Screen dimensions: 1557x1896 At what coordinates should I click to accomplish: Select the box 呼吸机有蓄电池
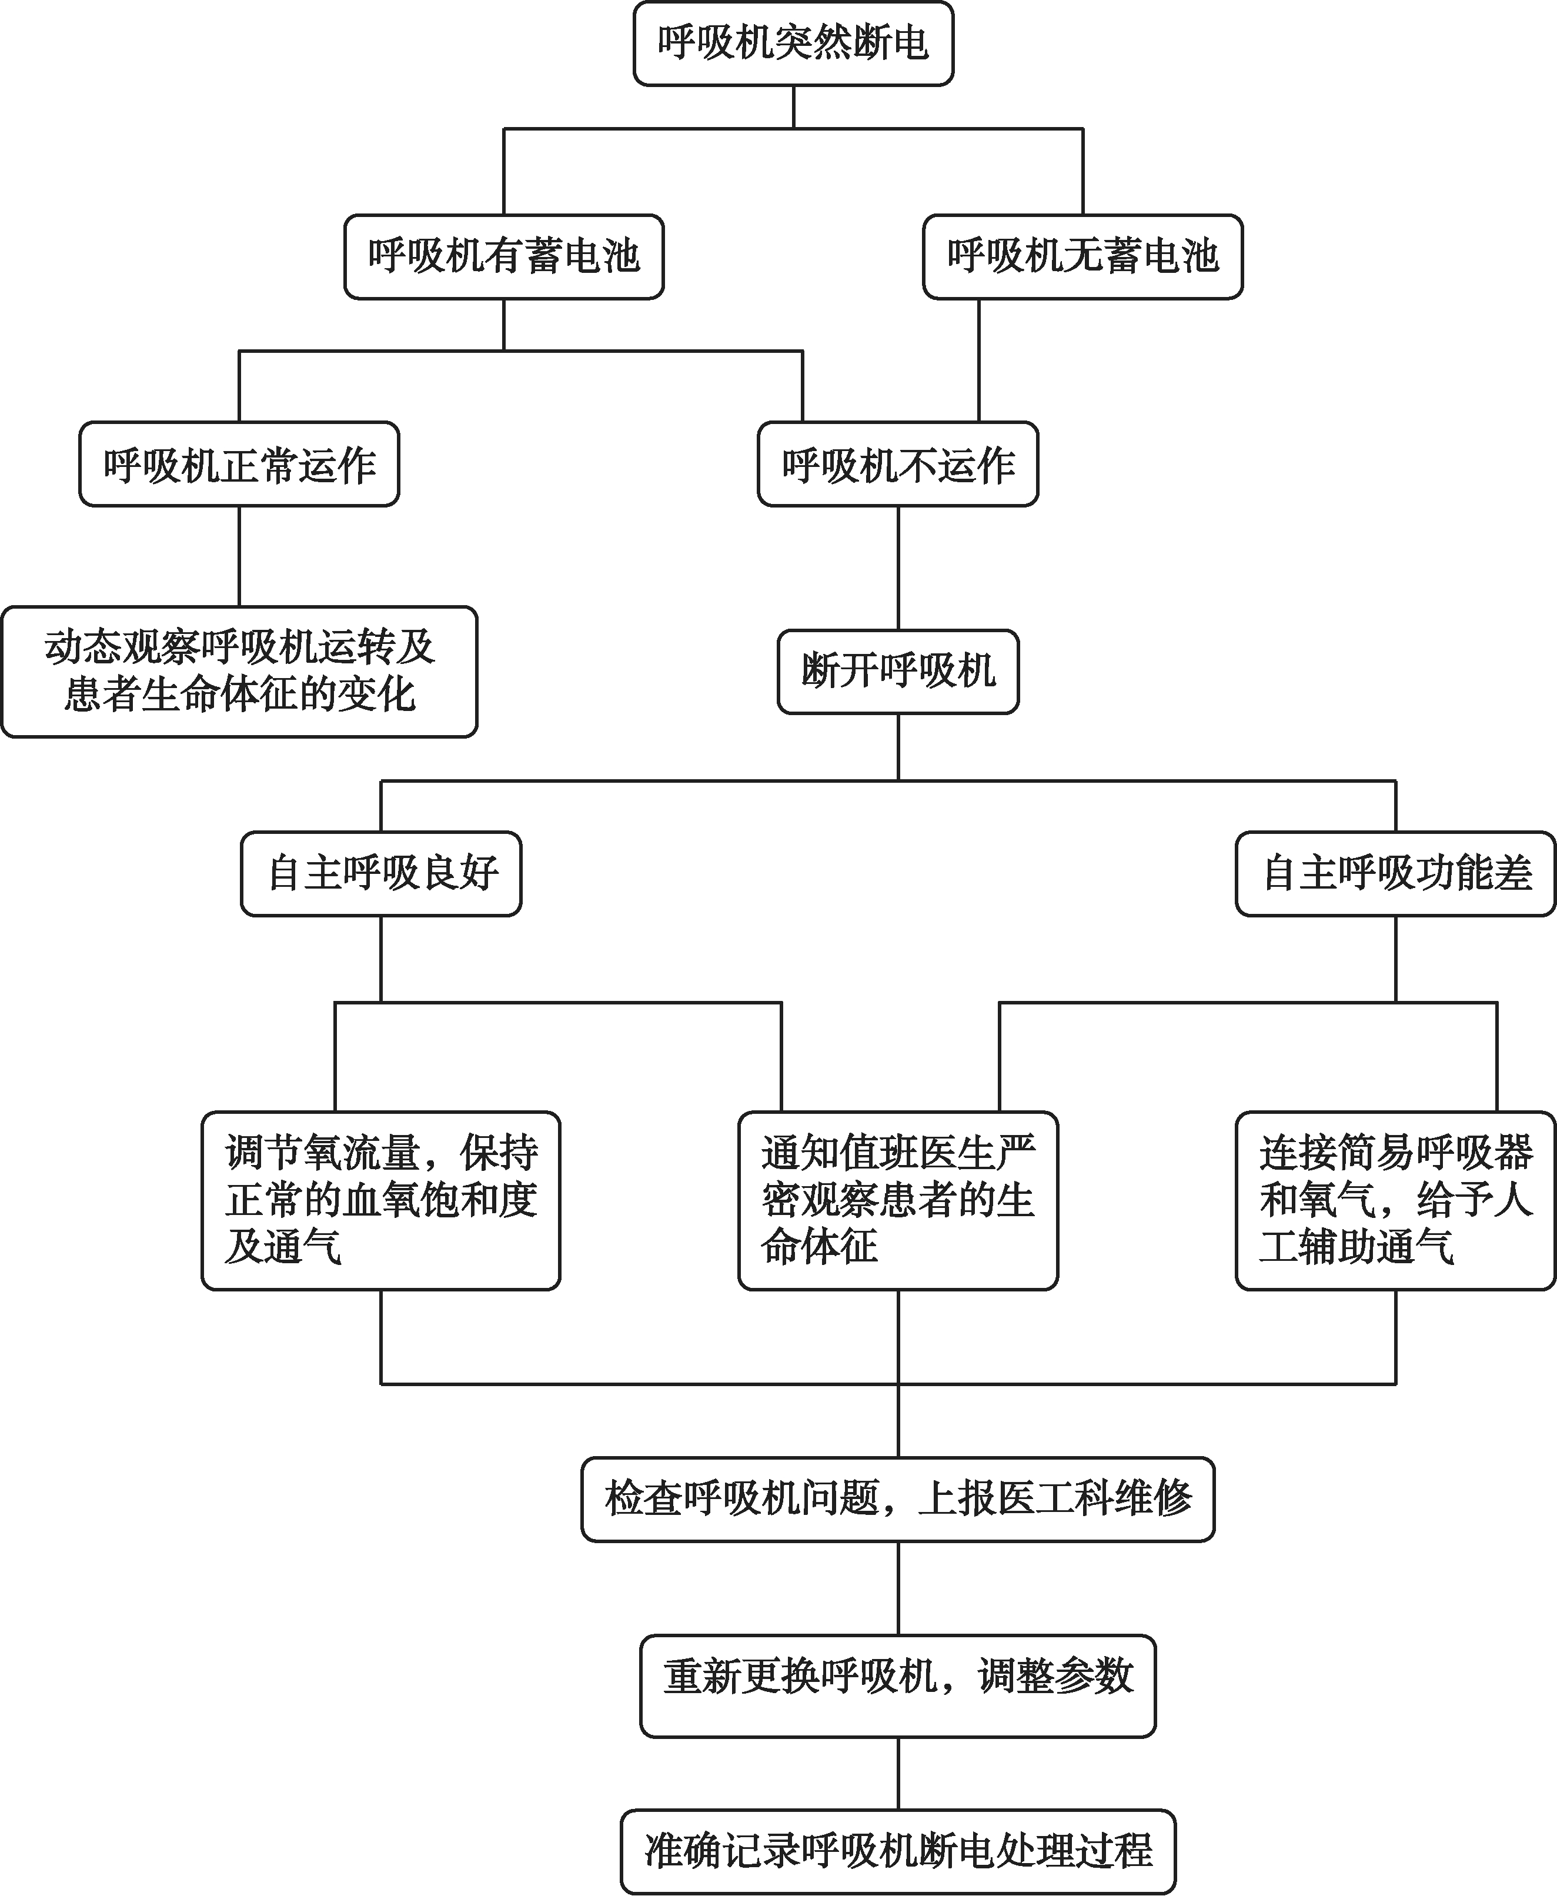click(x=504, y=256)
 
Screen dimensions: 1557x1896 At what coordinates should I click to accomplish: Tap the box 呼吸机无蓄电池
click(x=1082, y=256)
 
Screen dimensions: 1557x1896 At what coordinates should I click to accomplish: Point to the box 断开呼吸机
click(x=898, y=672)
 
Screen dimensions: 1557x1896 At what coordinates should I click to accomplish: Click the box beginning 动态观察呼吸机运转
click(x=239, y=672)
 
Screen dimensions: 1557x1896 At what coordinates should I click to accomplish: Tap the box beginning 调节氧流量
click(x=381, y=1201)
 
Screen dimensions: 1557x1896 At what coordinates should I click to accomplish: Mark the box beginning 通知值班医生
click(x=898, y=1201)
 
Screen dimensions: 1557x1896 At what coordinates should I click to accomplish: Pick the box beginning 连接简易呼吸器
click(x=1395, y=1201)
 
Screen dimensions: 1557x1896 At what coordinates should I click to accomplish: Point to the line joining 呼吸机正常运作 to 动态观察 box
click(x=239, y=557)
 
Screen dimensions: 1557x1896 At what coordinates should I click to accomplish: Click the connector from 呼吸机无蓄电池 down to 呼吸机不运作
click(x=978, y=360)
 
